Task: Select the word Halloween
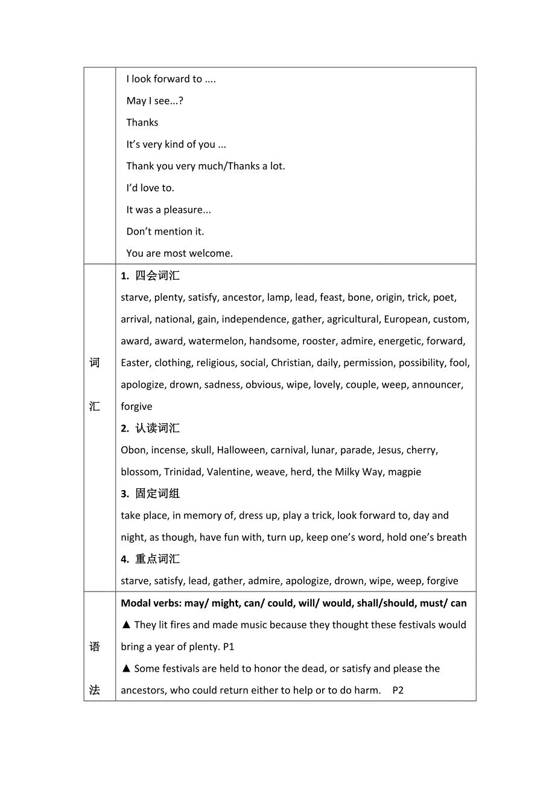(241, 450)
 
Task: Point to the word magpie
(405, 472)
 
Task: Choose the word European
(406, 320)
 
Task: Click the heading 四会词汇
(157, 276)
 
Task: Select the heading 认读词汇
(157, 429)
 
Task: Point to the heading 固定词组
(157, 494)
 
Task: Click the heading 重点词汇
(157, 559)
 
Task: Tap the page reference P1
(229, 647)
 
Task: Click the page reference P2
(398, 690)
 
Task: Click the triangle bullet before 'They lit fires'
(126, 625)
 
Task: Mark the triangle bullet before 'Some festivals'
(126, 669)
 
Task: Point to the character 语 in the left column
(95, 647)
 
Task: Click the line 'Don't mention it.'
(165, 232)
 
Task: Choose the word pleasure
(187, 210)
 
